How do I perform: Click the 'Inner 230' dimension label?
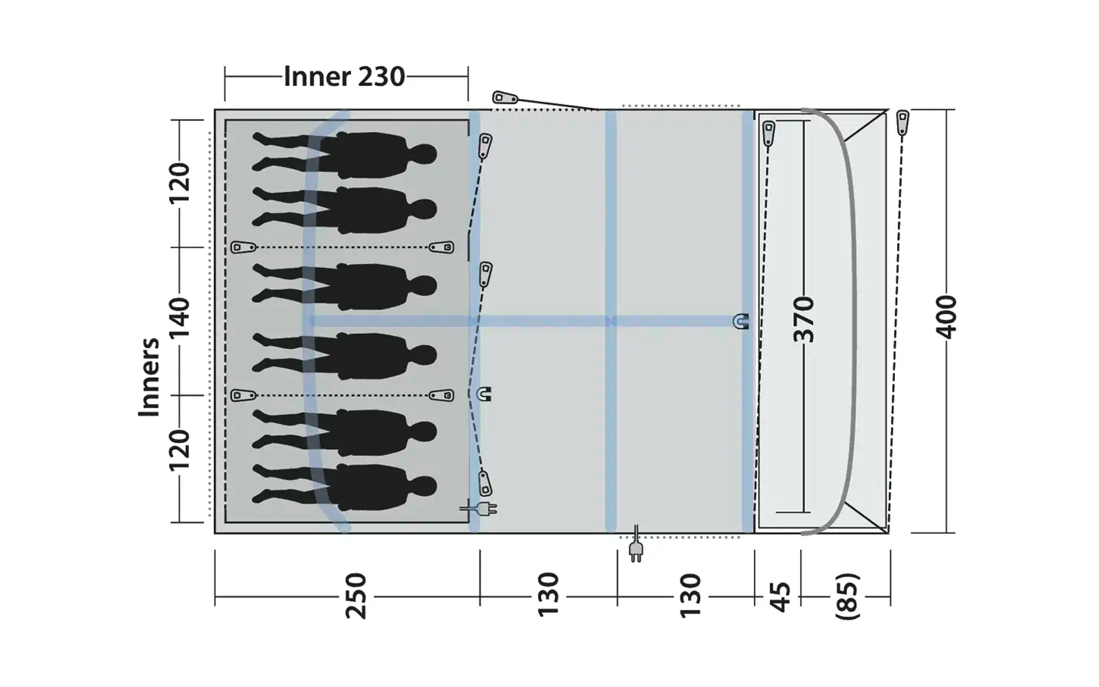(x=344, y=76)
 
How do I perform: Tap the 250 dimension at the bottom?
(x=356, y=596)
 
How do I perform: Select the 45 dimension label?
(x=780, y=596)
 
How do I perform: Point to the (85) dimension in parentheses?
(x=848, y=596)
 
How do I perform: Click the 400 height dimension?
(x=946, y=317)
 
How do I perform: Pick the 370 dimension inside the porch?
(x=803, y=319)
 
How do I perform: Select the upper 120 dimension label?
(x=179, y=183)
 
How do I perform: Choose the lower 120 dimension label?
(x=179, y=450)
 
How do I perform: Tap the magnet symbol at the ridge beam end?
(x=740, y=321)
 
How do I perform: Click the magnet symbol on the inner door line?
(x=484, y=394)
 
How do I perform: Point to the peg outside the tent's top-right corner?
(x=903, y=122)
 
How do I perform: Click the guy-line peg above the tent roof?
(x=505, y=98)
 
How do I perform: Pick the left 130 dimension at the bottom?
(x=547, y=596)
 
